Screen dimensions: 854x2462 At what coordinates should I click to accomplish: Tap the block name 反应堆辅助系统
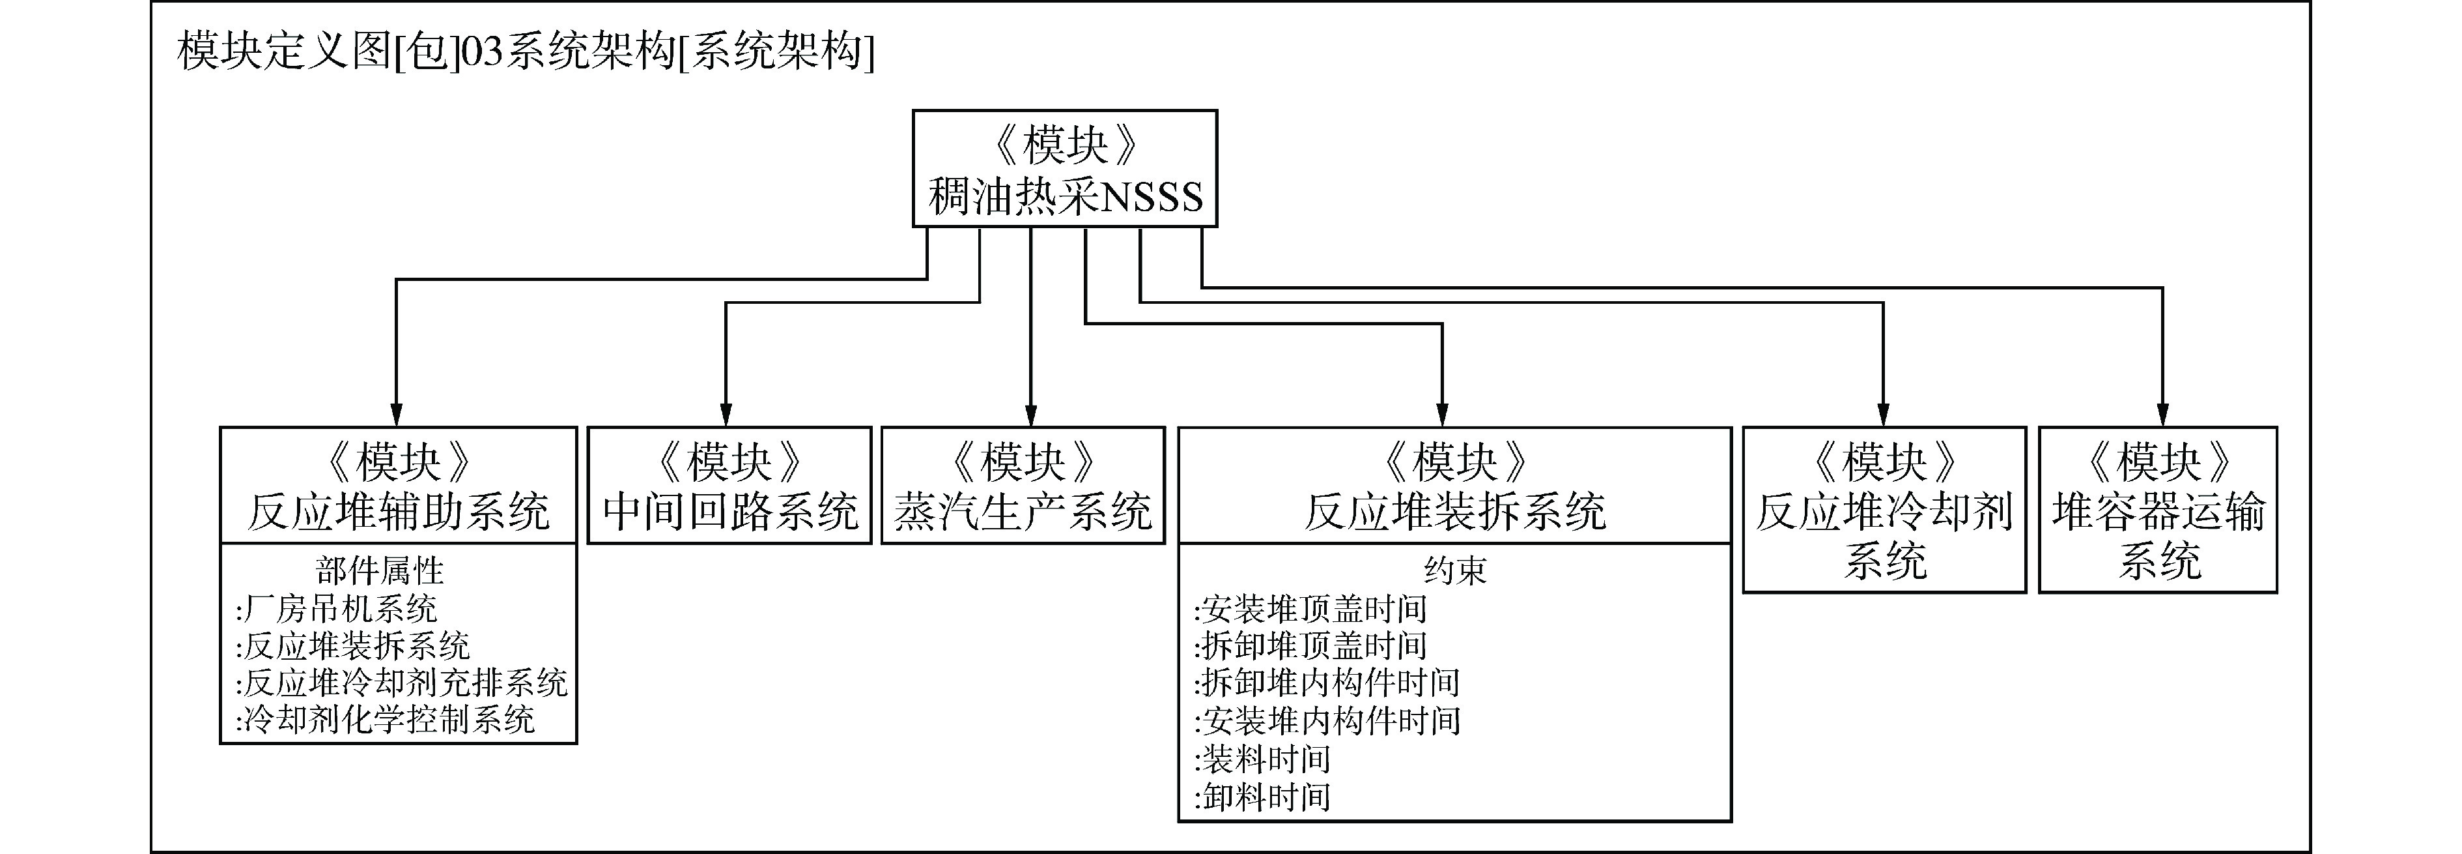(x=399, y=512)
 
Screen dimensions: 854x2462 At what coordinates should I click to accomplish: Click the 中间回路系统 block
(x=729, y=486)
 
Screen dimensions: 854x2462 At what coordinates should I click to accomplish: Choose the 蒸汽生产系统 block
(x=1023, y=486)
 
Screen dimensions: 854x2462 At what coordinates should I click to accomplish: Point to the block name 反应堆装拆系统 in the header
(x=1454, y=512)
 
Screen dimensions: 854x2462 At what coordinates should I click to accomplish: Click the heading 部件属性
(x=380, y=571)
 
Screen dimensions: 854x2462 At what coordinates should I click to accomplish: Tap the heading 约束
(x=1454, y=571)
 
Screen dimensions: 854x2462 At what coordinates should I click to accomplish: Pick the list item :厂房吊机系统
(x=337, y=608)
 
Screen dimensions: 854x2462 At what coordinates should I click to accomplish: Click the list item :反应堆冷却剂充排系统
(x=401, y=683)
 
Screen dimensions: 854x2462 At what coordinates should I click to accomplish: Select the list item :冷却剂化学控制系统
(x=385, y=719)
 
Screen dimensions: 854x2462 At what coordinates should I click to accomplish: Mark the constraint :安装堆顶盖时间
(x=1310, y=608)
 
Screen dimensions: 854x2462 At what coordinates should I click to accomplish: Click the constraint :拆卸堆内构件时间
(x=1327, y=683)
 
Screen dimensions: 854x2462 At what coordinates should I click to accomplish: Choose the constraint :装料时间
(x=1262, y=759)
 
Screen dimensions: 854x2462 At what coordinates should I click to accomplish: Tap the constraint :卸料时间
(x=1262, y=797)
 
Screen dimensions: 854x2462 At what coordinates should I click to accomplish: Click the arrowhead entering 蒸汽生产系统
(x=1030, y=415)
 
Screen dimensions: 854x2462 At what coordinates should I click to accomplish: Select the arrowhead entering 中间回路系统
(x=726, y=415)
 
